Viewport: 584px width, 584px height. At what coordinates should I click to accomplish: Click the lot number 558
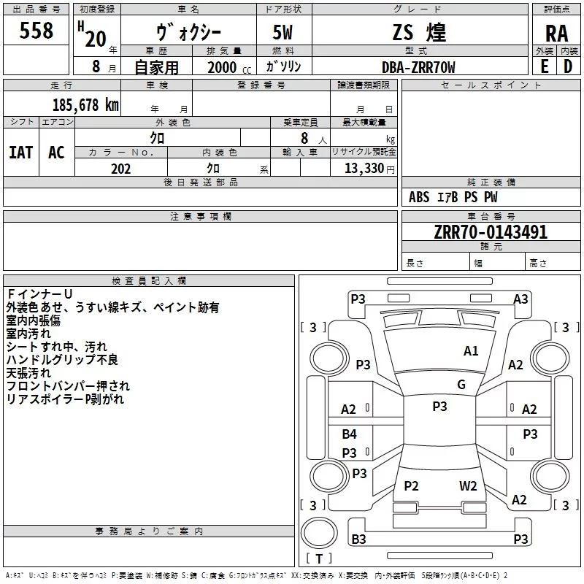pos(36,31)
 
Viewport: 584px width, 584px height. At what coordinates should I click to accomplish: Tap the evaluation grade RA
pos(556,34)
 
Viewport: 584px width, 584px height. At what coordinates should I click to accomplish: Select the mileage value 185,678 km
pos(85,104)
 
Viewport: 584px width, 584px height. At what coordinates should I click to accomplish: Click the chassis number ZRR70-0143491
pos(491,232)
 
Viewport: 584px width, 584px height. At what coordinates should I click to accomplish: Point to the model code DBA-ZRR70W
pos(418,67)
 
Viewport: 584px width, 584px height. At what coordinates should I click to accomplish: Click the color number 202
pos(120,169)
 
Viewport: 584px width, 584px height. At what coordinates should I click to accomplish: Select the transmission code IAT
pos(21,152)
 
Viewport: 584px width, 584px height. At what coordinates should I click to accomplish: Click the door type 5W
pos(284,34)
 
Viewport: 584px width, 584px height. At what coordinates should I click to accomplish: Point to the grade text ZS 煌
pos(418,33)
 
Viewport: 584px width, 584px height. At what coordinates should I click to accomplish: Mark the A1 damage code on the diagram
pos(471,351)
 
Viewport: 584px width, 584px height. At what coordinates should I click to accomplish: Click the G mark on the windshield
pos(461,385)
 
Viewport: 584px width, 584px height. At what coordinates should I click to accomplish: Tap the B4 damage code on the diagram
pos(350,434)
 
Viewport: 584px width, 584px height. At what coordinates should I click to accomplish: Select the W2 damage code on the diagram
pos(468,486)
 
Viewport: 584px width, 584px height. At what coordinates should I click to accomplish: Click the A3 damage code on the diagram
pos(520,299)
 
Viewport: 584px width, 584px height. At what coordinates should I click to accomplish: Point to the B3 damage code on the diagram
pos(358,539)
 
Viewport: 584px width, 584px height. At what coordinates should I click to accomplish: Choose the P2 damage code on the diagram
pos(411,486)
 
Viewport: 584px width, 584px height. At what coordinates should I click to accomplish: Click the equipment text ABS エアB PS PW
pos(453,197)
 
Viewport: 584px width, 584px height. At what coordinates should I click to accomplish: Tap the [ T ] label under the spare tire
pos(319,558)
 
